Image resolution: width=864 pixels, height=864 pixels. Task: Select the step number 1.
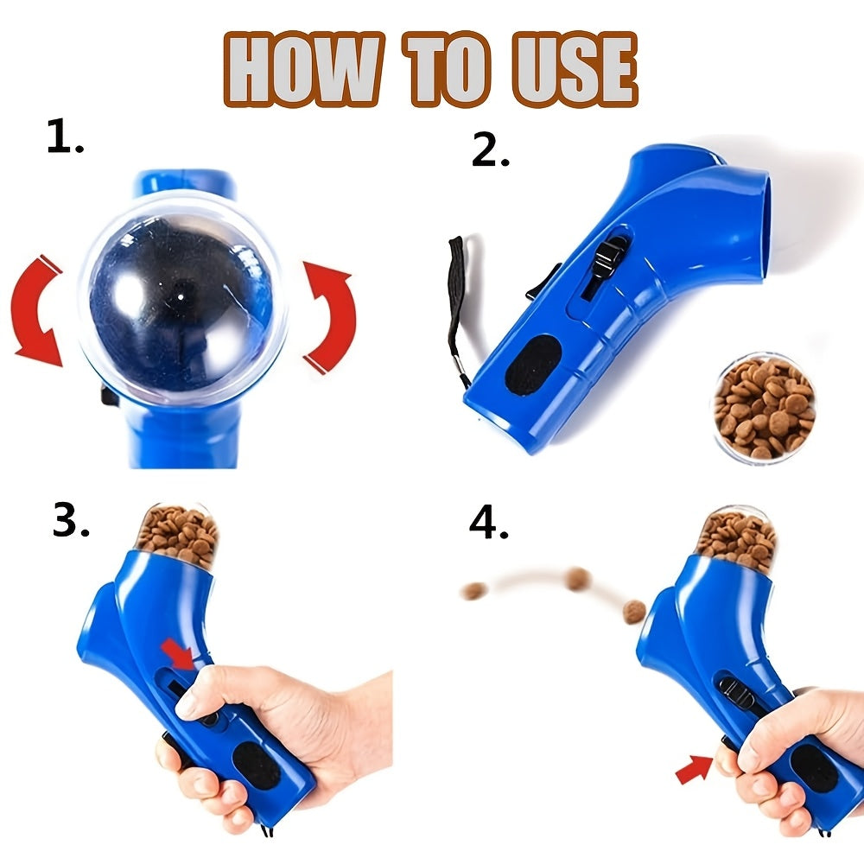click(64, 139)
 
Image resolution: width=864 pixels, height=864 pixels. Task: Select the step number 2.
click(490, 151)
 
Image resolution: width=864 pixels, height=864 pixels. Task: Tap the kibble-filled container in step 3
click(178, 534)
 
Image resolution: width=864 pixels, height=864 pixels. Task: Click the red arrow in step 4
click(693, 768)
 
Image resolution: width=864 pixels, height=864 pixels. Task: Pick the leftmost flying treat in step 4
click(473, 592)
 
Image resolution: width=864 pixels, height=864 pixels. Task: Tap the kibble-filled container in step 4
click(736, 538)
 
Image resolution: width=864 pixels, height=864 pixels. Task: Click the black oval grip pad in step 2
click(530, 365)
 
